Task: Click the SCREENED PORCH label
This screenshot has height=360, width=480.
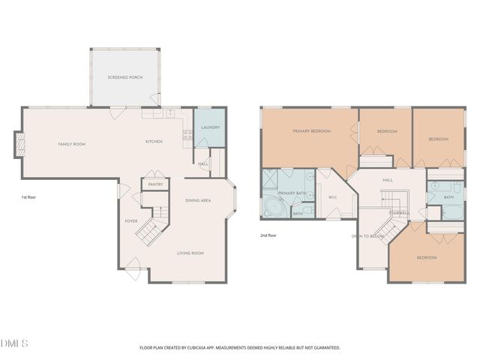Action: point(124,77)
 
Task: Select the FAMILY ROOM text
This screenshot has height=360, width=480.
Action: point(73,143)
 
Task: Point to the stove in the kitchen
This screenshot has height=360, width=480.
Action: point(187,136)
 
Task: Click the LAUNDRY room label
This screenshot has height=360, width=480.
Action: point(211,127)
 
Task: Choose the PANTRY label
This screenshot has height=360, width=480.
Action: point(156,184)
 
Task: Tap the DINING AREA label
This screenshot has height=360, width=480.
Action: point(198,200)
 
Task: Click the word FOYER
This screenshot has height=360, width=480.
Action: point(131,221)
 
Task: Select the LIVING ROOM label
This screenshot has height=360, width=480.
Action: point(190,253)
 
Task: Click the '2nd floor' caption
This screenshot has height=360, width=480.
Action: point(268,235)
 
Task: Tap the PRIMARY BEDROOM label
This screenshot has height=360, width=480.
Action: point(311,130)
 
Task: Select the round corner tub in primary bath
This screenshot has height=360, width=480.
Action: point(271,208)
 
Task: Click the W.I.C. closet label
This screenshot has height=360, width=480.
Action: point(334,197)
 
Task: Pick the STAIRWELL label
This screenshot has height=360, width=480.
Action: point(398,212)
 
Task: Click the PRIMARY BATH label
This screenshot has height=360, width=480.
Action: point(291,193)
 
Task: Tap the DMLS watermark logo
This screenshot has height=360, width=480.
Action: point(15,343)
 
